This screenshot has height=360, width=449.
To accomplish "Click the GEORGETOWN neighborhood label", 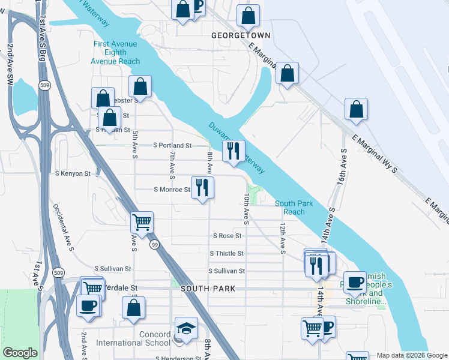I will (x=241, y=35).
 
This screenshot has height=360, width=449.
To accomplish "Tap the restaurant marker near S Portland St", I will (x=234, y=151).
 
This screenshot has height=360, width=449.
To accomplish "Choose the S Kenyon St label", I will (x=72, y=173).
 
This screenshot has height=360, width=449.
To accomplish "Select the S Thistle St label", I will (x=226, y=254).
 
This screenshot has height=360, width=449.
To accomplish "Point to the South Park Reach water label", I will (x=294, y=208).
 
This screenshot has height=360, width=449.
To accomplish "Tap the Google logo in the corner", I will (x=20, y=353).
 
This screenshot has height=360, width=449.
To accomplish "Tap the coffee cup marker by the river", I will (x=355, y=281).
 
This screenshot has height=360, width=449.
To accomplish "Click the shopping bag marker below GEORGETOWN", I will (x=288, y=74).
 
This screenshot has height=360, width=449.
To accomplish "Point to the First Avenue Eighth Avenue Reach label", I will (x=115, y=53).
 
